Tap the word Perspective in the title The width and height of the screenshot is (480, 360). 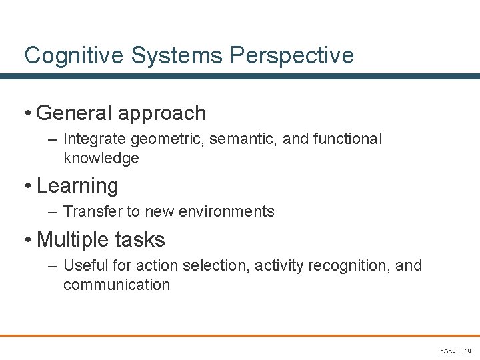point(292,55)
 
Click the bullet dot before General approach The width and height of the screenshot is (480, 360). point(27,113)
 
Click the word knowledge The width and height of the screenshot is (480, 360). point(101,159)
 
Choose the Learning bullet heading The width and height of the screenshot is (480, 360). point(77,186)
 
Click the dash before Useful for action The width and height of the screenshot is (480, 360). point(53,266)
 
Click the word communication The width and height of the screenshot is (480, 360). point(117,285)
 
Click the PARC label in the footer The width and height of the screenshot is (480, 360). point(448,350)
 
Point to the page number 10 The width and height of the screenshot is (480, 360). point(468,350)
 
